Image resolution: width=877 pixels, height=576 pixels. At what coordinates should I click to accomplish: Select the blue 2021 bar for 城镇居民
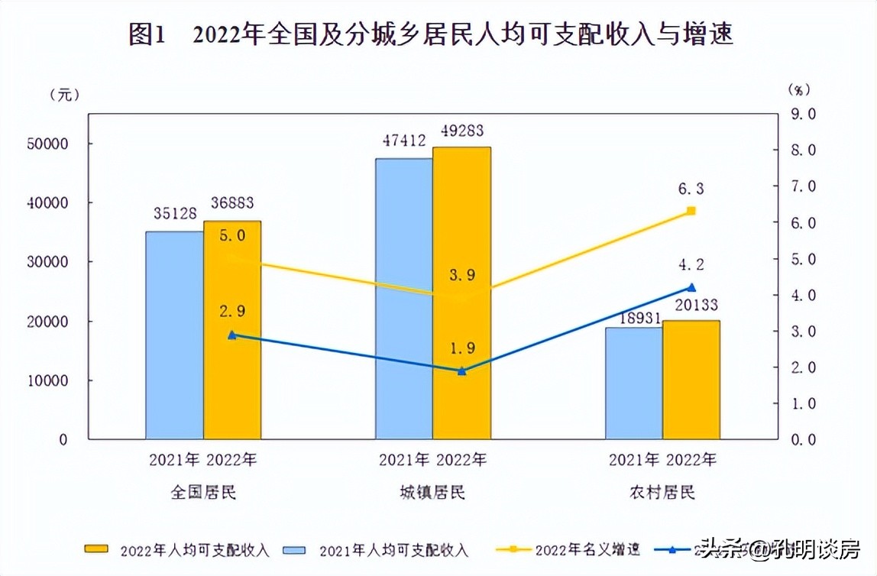(x=403, y=299)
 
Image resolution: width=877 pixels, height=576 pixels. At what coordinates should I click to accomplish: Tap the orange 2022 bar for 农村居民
(x=691, y=380)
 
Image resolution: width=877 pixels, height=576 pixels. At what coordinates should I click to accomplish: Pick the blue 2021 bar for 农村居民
(x=634, y=383)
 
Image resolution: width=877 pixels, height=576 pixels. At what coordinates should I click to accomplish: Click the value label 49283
(x=462, y=131)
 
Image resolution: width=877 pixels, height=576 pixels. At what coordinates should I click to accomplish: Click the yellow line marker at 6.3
(x=691, y=211)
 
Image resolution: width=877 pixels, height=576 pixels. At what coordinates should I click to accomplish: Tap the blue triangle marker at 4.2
(x=691, y=287)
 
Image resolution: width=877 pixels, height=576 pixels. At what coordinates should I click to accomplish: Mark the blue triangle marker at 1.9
(x=461, y=371)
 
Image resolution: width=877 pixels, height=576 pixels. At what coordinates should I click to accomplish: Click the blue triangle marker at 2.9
(x=232, y=335)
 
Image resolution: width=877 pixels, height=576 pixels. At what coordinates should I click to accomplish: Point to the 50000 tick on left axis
(x=48, y=144)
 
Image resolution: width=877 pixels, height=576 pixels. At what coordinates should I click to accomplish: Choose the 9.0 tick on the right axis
(x=802, y=114)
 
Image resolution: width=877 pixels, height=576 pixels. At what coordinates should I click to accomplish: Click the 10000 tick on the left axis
(x=48, y=380)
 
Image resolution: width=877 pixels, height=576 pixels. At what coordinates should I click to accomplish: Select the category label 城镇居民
(x=432, y=492)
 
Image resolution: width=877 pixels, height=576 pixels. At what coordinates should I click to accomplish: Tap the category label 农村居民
(x=662, y=492)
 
